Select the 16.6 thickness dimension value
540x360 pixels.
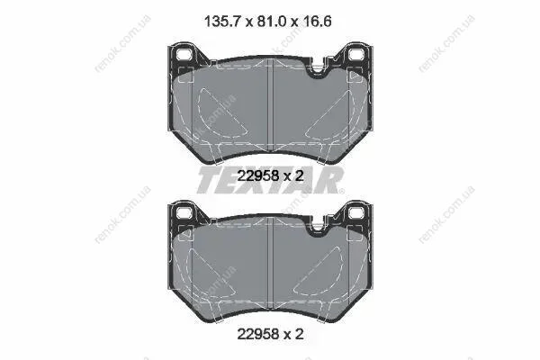click(317, 22)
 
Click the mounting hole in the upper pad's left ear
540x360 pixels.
click(184, 54)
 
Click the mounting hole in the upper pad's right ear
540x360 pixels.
click(356, 54)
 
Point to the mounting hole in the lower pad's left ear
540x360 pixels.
click(184, 212)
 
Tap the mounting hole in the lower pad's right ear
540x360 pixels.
click(356, 212)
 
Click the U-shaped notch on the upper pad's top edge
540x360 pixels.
click(318, 68)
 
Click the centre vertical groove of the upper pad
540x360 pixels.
click(270, 105)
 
